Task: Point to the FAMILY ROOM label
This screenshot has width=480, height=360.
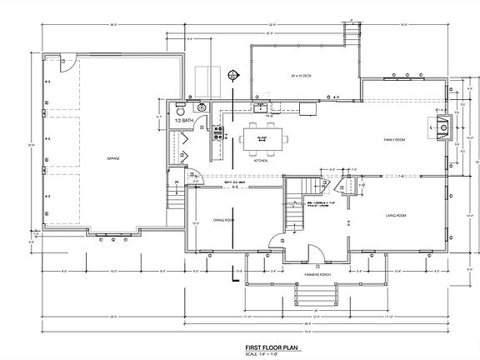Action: [x=393, y=139]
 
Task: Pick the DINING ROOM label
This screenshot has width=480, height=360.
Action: [x=223, y=219]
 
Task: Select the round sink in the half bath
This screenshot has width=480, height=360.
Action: [x=201, y=107]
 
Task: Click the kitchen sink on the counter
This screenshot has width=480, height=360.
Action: [x=261, y=107]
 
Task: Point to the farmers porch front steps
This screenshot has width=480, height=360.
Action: [x=314, y=297]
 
